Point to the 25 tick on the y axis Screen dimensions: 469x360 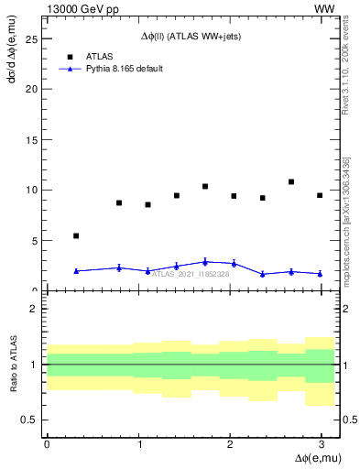click(x=32, y=39)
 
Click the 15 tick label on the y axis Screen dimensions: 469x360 click(x=32, y=140)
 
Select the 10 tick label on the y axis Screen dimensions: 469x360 click(x=32, y=191)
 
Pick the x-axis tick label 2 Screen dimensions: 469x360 click(x=230, y=444)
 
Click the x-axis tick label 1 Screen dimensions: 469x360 click(x=138, y=444)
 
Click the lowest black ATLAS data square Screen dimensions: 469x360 click(x=76, y=235)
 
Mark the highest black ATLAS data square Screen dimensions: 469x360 click(x=291, y=181)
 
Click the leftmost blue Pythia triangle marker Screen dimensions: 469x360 click(x=76, y=271)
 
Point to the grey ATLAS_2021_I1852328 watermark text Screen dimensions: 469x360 click(x=191, y=273)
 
